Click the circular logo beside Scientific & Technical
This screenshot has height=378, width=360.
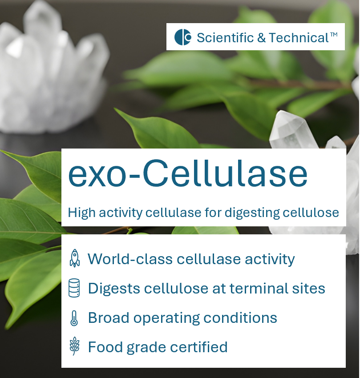click(x=183, y=37)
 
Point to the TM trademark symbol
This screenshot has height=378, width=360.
click(x=334, y=34)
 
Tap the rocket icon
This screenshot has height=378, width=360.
click(x=75, y=258)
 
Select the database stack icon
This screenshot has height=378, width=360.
click(x=74, y=288)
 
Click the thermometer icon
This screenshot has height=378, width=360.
click(x=74, y=318)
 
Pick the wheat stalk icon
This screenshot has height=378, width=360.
click(x=74, y=346)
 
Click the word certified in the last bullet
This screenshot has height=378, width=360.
click(x=198, y=346)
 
